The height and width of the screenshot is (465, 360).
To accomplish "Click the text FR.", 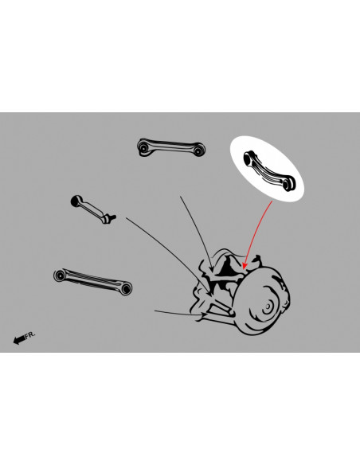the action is click(30, 335).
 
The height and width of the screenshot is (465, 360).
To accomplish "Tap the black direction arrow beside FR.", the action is click(19, 339).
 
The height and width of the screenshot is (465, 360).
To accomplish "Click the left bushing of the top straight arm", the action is click(143, 147).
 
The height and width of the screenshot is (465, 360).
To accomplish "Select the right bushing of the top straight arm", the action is click(198, 150).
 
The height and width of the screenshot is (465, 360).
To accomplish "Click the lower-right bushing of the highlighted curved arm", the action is click(288, 184).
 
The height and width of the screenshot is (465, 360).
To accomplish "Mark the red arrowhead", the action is click(245, 265).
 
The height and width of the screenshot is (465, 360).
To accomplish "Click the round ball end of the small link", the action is click(76, 201).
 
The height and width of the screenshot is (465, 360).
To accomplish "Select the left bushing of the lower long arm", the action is click(60, 275).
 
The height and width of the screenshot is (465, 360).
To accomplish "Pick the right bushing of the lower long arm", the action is click(127, 288).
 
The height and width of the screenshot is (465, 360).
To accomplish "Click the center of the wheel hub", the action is click(268, 306).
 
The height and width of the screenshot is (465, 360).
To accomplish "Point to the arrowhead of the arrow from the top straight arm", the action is click(211, 268).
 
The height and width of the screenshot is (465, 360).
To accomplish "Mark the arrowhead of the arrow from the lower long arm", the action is click(205, 315).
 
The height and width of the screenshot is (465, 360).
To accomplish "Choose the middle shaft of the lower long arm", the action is click(93, 281).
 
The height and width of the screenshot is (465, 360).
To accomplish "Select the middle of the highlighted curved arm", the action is click(268, 170).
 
